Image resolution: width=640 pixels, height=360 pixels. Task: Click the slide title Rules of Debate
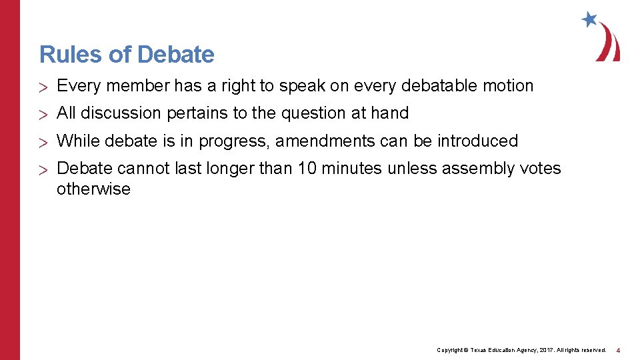coord(127,55)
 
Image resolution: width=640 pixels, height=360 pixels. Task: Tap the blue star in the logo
coord(589,19)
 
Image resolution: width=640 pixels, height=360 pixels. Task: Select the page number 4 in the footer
coord(618,350)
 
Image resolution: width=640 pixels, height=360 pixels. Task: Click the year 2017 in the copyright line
coord(545,350)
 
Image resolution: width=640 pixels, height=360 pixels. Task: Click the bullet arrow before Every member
coord(44,87)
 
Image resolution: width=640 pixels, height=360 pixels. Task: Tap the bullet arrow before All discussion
coord(44,114)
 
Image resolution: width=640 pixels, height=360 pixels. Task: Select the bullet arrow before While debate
coord(44,141)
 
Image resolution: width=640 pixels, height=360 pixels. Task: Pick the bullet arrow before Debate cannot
coord(44,169)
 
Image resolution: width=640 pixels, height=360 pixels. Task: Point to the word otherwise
coord(93,189)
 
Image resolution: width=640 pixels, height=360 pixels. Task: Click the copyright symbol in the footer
coord(466,350)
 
